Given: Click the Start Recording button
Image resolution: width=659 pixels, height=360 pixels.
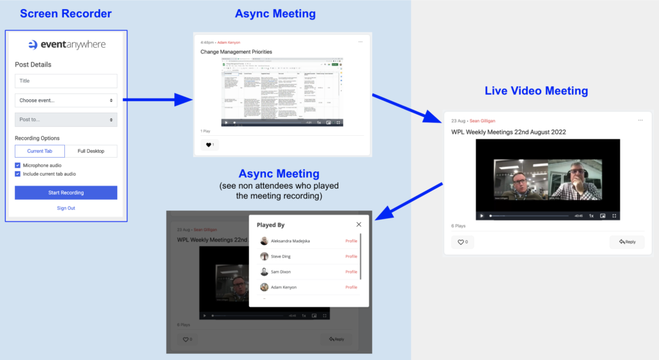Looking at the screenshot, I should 66,193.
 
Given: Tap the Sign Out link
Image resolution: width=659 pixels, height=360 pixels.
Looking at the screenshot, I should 66,208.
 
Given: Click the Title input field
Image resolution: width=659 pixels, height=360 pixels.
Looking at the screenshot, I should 66,81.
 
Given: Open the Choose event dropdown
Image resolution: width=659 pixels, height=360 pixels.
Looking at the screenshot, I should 66,100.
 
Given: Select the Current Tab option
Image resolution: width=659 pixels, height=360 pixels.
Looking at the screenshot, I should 40,151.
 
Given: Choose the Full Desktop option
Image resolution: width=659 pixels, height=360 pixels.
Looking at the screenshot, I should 91,151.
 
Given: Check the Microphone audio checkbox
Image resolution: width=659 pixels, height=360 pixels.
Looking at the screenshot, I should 17,166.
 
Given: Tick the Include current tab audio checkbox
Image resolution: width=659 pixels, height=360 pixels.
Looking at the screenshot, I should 17,174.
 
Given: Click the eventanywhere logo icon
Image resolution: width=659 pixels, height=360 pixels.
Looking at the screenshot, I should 33,45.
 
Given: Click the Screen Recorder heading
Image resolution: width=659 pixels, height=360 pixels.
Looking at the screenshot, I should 66,14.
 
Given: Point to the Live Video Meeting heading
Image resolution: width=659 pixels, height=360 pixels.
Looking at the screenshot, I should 536,91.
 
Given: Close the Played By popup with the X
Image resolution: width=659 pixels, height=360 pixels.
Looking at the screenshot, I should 358,225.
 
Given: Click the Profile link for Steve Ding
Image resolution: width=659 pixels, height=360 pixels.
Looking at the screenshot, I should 351,256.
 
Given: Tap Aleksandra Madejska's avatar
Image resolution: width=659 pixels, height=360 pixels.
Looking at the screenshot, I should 265,241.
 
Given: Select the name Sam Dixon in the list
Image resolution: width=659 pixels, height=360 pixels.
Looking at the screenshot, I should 281,272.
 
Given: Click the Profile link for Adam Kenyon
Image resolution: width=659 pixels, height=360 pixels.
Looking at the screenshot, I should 351,287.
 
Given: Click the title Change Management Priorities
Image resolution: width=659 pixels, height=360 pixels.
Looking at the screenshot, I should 236,52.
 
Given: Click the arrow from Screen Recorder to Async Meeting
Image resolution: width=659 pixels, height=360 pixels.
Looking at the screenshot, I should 158,100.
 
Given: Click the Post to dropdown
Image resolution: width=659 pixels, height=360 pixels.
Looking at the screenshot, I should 66,120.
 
